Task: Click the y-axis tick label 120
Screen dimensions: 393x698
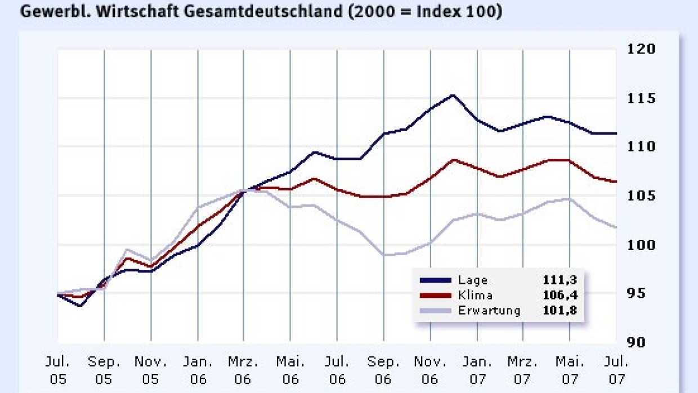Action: click(x=641, y=50)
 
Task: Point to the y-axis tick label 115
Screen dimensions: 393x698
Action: click(x=641, y=99)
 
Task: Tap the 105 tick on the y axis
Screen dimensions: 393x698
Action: click(x=641, y=196)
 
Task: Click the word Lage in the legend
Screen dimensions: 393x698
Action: click(x=472, y=280)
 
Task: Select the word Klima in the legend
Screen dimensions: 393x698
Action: click(x=475, y=295)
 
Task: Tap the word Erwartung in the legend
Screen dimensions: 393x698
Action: click(x=489, y=310)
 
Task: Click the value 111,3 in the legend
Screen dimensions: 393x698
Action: click(x=560, y=280)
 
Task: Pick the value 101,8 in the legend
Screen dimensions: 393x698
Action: click(x=560, y=310)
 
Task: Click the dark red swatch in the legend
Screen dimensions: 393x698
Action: click(x=435, y=295)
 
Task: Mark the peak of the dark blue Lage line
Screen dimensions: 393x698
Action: click(x=453, y=95)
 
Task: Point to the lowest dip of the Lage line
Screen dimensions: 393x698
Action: click(x=81, y=306)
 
